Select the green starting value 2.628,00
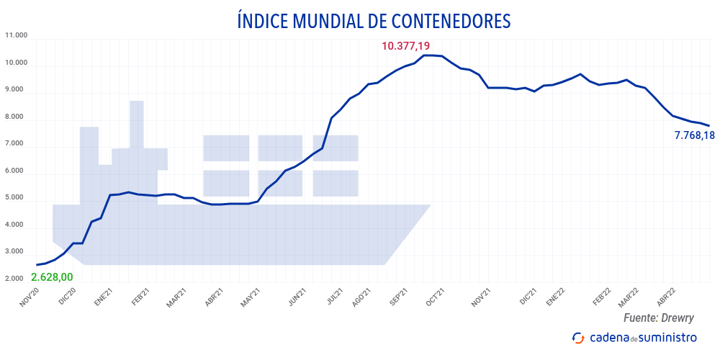[x=52, y=277]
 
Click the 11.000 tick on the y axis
[x=16, y=35]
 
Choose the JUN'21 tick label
[x=297, y=298]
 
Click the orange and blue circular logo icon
[x=577, y=338]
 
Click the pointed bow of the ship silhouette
[x=425, y=209]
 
